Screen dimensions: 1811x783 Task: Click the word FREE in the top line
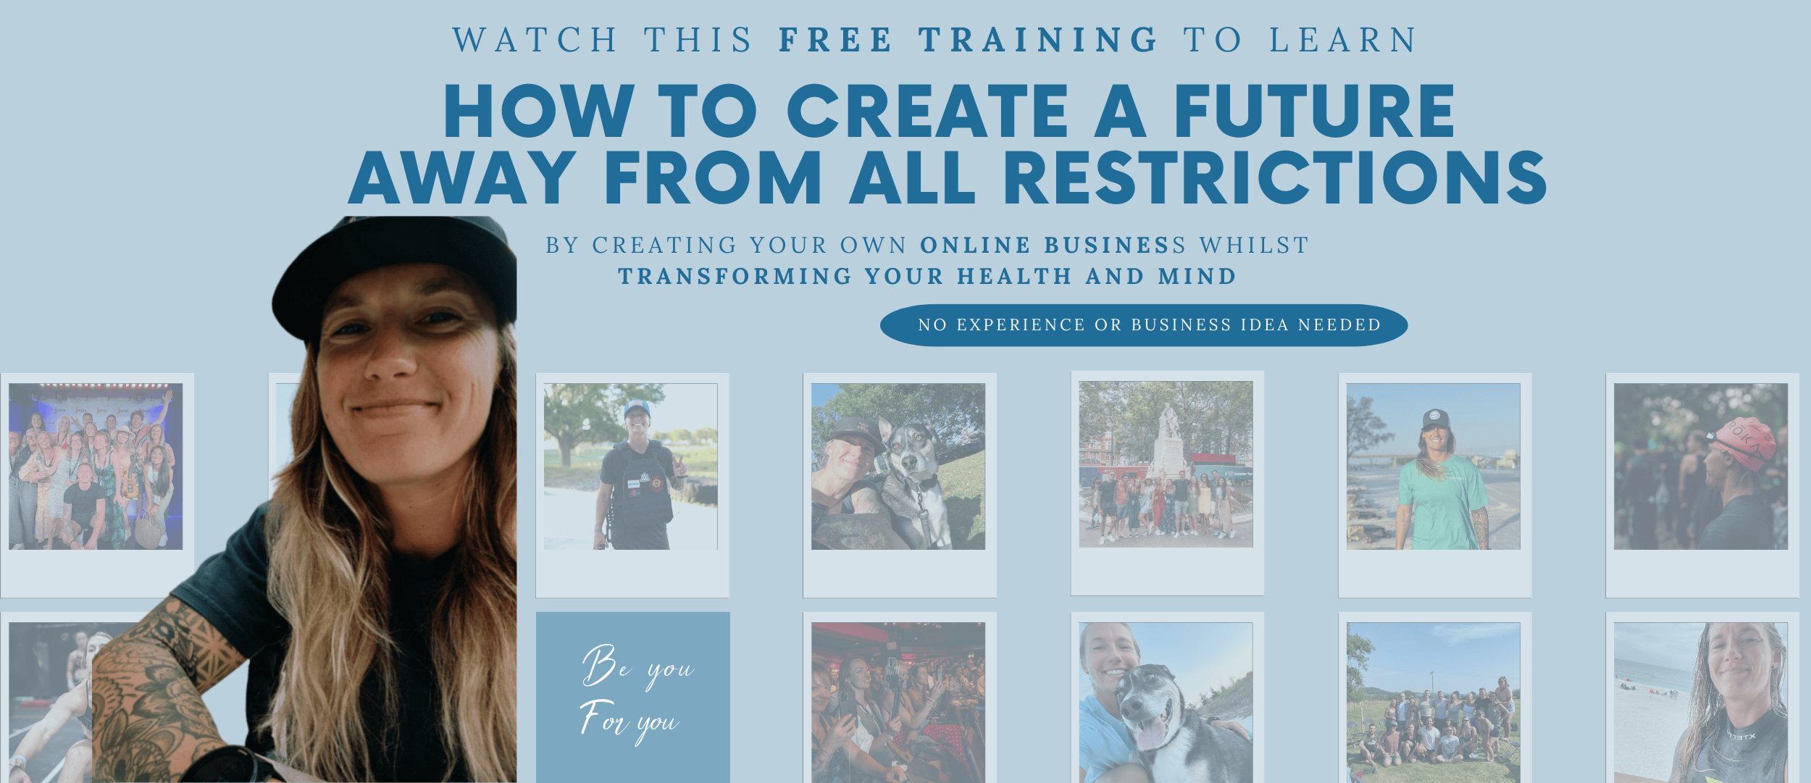(x=835, y=40)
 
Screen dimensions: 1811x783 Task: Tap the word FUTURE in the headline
(x=1314, y=111)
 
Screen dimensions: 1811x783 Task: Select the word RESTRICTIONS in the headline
(x=1275, y=177)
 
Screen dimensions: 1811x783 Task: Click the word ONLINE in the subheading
(x=975, y=246)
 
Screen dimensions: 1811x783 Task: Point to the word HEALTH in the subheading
(x=1014, y=277)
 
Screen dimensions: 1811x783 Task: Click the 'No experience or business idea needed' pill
(x=1144, y=325)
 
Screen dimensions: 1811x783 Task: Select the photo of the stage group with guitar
(x=96, y=466)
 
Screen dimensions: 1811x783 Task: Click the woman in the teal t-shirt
(x=1442, y=481)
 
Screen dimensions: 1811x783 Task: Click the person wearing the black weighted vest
(x=636, y=478)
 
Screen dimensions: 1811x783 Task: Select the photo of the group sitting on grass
(x=1433, y=703)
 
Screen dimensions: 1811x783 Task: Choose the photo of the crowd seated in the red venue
(x=898, y=703)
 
